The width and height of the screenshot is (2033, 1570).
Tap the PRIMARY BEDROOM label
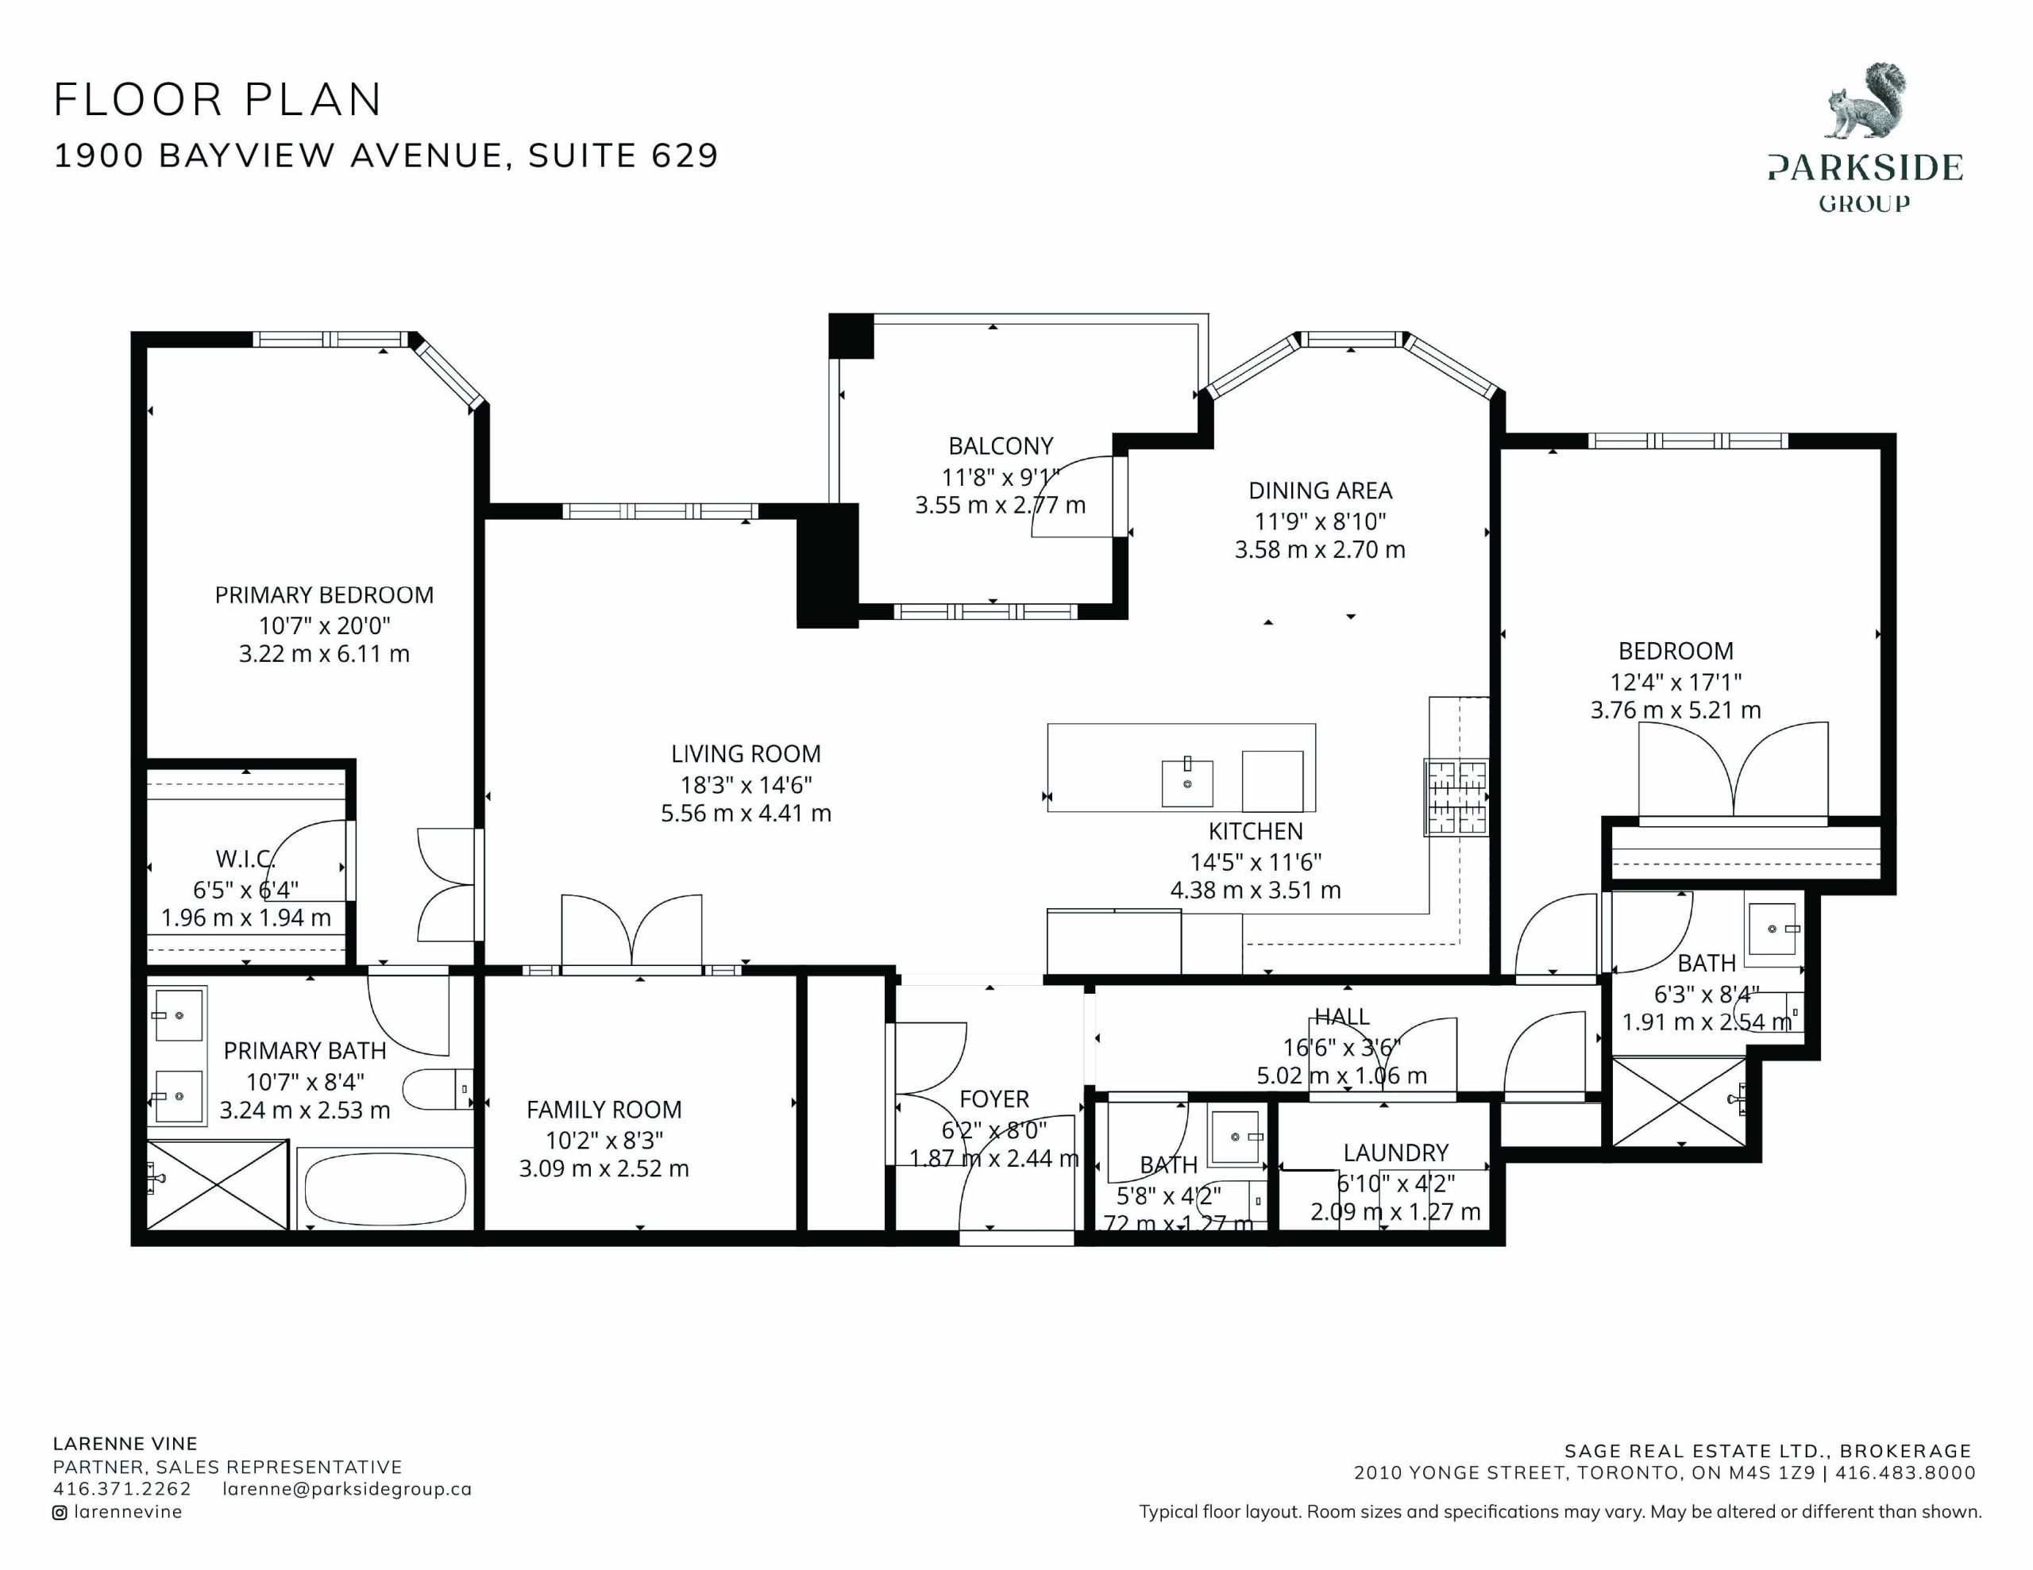click(x=324, y=595)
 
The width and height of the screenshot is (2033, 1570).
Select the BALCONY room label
click(x=1001, y=447)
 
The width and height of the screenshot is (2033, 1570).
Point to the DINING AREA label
click(x=1320, y=491)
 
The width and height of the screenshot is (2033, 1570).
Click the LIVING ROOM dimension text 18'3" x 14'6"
click(x=746, y=784)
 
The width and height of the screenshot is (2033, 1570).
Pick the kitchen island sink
click(x=1188, y=783)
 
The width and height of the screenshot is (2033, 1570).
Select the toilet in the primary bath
click(x=438, y=1089)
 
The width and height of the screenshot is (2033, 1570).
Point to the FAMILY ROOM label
click(x=604, y=1110)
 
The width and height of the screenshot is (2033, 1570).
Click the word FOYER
click(x=994, y=1100)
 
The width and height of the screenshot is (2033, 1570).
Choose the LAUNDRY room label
click(x=1395, y=1153)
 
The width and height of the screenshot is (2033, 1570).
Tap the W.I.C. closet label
click(x=245, y=859)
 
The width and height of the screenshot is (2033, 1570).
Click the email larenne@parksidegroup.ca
click(x=347, y=1489)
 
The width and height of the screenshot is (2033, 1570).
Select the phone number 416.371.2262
click(x=122, y=1489)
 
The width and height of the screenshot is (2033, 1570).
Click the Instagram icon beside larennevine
click(x=60, y=1512)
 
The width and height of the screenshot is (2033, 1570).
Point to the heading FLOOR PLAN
click(x=218, y=99)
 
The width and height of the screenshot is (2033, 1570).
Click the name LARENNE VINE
click(x=125, y=1445)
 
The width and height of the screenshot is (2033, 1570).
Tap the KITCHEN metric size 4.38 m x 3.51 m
click(x=1256, y=891)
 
